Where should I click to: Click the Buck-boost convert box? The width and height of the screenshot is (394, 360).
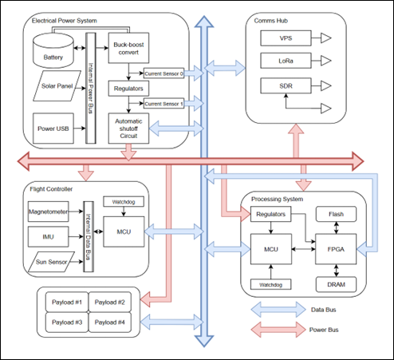129,49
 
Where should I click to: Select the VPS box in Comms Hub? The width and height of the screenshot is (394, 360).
285,38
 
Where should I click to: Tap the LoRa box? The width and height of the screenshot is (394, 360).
285,61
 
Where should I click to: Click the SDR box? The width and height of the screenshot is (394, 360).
285,85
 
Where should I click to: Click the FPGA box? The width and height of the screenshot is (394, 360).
334,249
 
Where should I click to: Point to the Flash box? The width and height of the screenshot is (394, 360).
334,214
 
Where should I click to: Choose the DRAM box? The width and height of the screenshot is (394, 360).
334,283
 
